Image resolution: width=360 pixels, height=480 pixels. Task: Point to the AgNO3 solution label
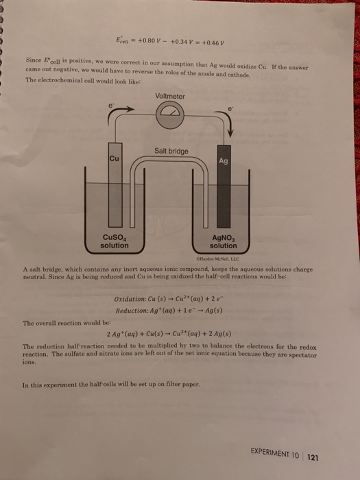pyautogui.click(x=224, y=242)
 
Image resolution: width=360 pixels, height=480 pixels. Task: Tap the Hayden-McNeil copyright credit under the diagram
pyautogui.click(x=216, y=259)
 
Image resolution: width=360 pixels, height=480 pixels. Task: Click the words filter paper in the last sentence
pyautogui.click(x=182, y=385)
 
